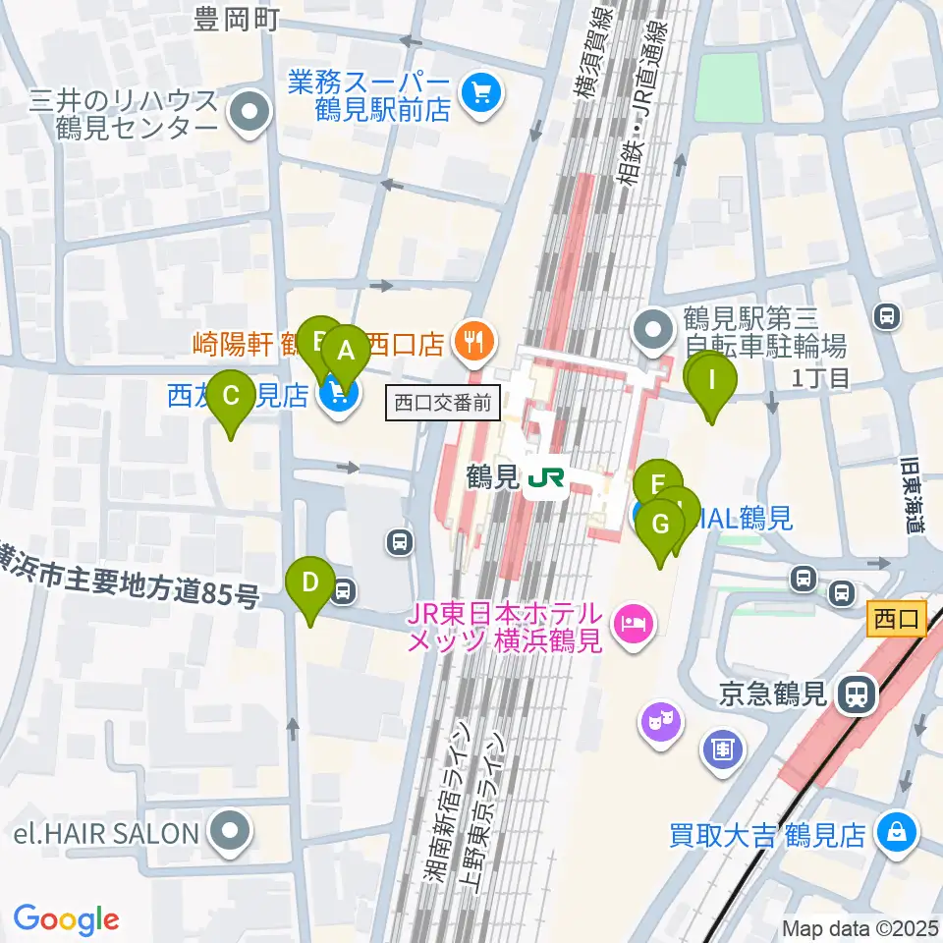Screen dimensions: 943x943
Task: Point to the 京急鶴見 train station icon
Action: [858, 695]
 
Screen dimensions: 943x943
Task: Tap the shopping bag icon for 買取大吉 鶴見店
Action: [898, 833]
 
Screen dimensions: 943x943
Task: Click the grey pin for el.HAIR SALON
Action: [230, 833]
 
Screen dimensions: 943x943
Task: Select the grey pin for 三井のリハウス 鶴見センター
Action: [250, 113]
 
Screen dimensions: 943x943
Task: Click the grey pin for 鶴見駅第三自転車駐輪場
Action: [654, 332]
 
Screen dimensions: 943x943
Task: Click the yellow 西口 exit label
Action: [897, 620]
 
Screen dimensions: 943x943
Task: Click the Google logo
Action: [67, 918]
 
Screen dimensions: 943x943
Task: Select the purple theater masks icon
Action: [660, 723]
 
